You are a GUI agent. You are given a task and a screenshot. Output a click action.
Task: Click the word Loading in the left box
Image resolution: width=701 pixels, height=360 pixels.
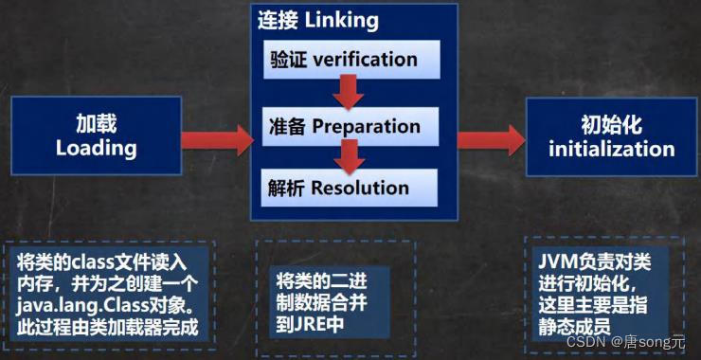[97, 149]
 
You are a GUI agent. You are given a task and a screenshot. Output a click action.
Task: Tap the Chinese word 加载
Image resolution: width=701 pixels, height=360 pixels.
[97, 124]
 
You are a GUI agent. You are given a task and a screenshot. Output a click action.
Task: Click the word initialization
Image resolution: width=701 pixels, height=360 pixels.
[611, 149]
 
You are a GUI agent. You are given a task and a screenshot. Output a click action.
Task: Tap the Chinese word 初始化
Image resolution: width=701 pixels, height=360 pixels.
[612, 124]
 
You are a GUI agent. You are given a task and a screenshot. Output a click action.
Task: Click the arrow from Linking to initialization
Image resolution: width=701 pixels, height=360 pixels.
[491, 138]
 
